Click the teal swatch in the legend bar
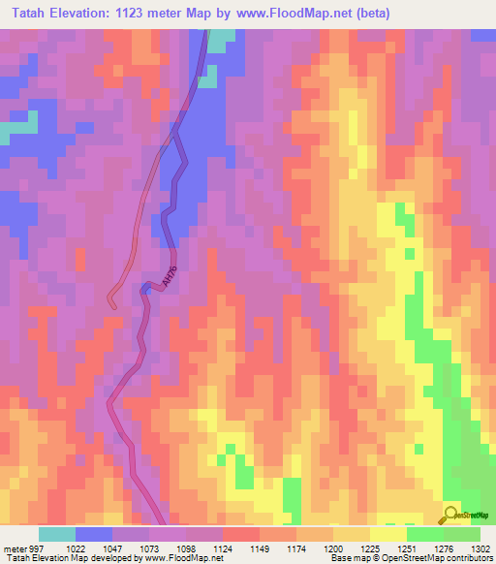pos(57,534)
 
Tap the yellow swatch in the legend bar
pos(388,534)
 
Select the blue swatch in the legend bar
pos(94,534)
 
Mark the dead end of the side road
pos(112,304)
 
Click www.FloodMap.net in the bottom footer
pos(175,558)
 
